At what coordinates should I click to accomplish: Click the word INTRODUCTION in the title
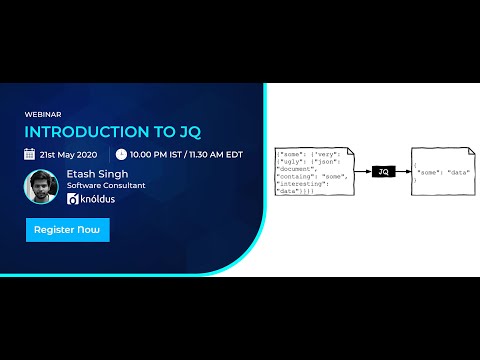76,132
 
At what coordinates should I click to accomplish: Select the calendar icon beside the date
30,154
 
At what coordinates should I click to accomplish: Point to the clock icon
121,154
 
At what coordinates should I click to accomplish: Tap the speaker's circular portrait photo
41,186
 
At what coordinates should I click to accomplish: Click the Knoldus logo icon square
73,199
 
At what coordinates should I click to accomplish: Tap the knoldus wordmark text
101,199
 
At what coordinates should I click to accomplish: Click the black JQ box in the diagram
383,172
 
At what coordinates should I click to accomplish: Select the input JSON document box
312,171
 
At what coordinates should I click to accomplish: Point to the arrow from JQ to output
402,172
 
